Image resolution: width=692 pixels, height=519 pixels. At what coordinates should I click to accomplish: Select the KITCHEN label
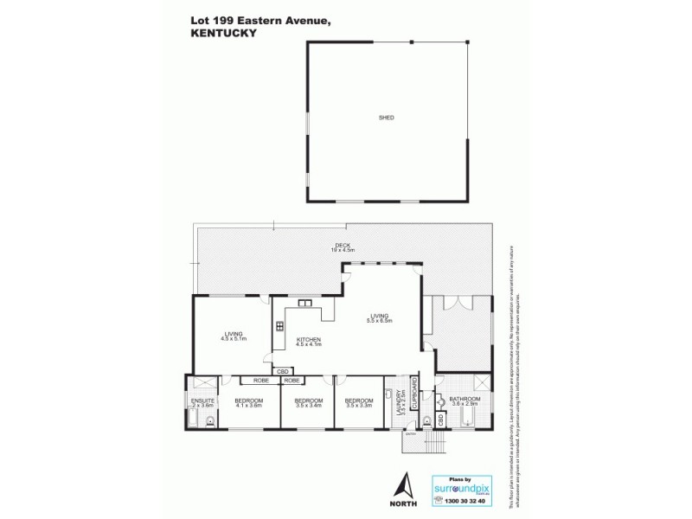[x=309, y=339]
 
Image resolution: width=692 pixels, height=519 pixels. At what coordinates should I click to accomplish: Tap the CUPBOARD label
[x=415, y=394]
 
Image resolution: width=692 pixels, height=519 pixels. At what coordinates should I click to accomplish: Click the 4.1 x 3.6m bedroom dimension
[x=249, y=406]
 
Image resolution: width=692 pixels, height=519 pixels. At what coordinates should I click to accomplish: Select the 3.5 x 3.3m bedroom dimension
[x=359, y=406]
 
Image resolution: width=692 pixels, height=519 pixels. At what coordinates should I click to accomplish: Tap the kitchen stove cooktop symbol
[x=279, y=327]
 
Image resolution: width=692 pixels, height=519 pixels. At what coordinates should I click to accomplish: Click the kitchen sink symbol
[x=304, y=303]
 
